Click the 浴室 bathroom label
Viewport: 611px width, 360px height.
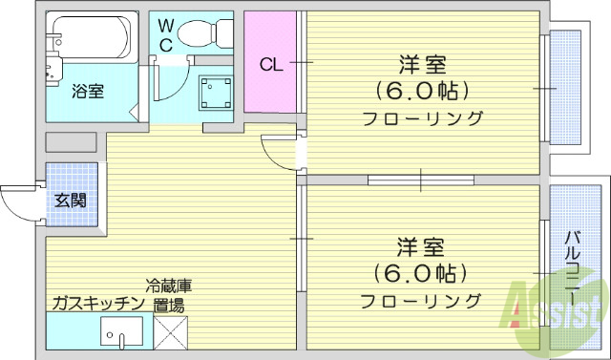coord(88,92)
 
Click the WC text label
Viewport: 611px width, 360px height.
coord(165,34)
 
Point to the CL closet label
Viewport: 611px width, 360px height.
coord(271,65)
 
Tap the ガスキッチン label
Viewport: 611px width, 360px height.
coord(97,304)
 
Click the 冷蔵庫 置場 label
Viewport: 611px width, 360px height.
coord(169,295)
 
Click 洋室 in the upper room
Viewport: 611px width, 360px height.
coord(422,66)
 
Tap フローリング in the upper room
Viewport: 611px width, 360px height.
coord(422,119)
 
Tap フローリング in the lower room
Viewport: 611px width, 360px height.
coord(421,302)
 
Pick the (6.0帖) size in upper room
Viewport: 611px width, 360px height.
coord(422,92)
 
